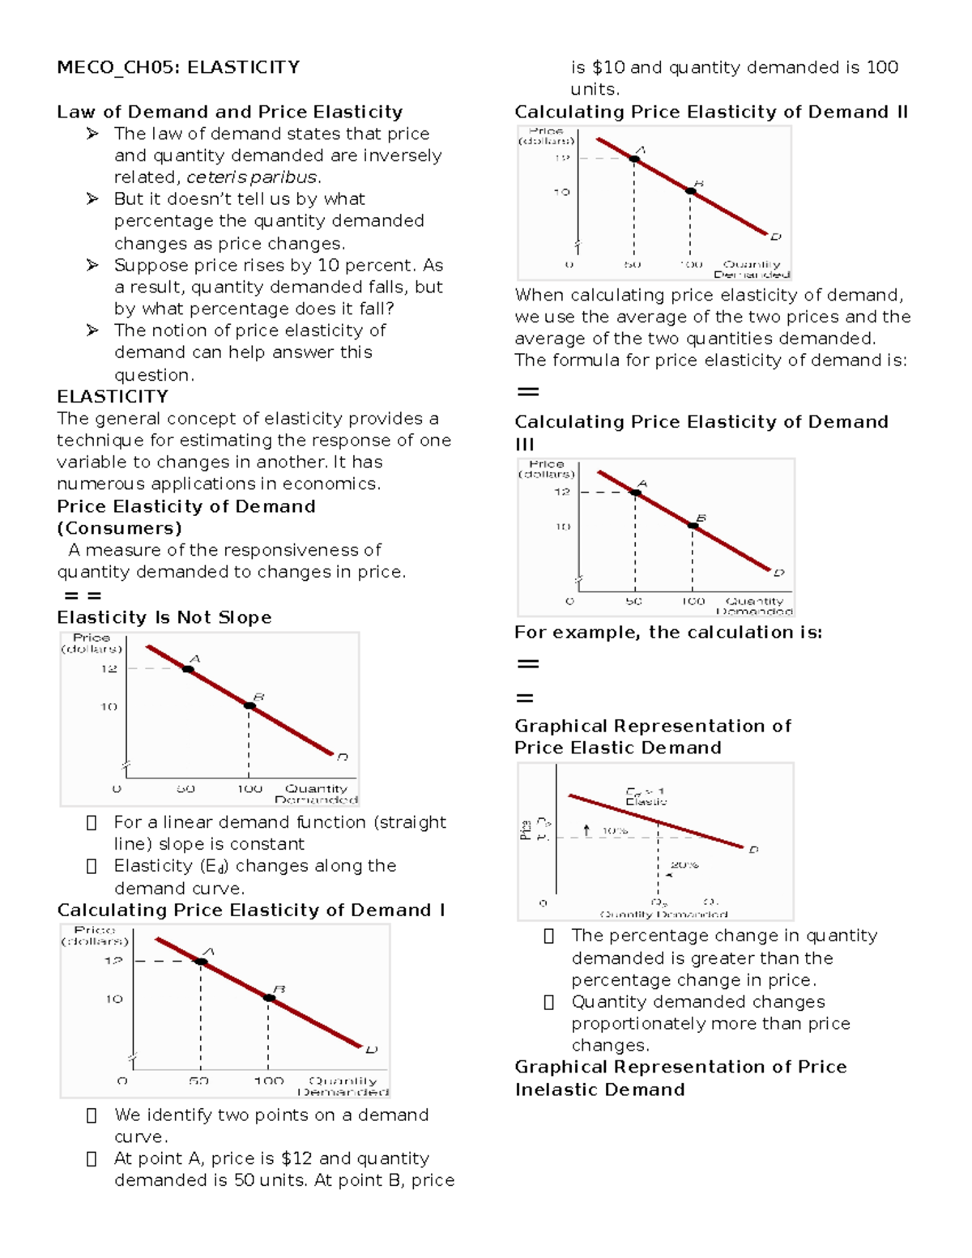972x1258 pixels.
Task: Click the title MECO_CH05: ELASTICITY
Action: [178, 67]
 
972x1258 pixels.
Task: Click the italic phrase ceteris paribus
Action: [253, 177]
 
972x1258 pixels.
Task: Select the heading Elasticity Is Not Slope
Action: [164, 617]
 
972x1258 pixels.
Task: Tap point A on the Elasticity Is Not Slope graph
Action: [188, 669]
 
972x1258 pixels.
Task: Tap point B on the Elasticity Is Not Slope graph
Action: [249, 706]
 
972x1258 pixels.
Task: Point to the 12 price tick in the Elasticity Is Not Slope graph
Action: [109, 669]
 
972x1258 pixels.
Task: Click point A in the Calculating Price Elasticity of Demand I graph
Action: [201, 962]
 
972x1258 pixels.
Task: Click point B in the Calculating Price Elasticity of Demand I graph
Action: [269, 998]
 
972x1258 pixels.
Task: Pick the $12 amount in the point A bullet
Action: [296, 1158]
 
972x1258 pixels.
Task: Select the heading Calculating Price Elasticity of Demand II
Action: [711, 112]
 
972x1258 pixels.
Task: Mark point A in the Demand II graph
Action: [634, 159]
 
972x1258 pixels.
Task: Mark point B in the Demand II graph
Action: [691, 191]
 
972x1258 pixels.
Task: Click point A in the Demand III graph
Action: [636, 493]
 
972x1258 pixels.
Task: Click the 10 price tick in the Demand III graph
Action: [562, 527]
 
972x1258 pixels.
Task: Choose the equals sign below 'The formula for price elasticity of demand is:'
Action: [528, 392]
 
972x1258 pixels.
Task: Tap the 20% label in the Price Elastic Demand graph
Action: [684, 865]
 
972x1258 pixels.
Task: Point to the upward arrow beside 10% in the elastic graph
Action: [587, 830]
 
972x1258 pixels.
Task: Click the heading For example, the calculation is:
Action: [668, 633]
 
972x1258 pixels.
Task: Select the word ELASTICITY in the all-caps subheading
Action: [113, 397]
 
